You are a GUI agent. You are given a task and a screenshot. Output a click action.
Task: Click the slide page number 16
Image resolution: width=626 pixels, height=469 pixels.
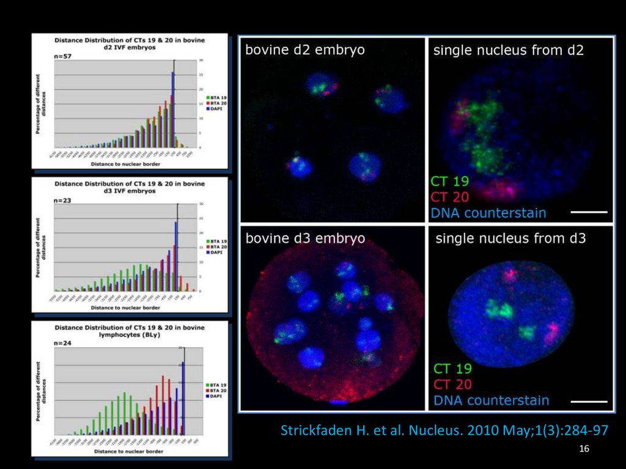point(584,449)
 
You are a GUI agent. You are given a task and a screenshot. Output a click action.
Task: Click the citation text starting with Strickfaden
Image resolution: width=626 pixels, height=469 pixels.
point(444,430)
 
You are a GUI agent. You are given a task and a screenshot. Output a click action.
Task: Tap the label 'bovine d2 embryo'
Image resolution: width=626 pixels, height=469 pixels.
point(305,50)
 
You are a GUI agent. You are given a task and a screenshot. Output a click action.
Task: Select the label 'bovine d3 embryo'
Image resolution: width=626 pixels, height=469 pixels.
point(305,238)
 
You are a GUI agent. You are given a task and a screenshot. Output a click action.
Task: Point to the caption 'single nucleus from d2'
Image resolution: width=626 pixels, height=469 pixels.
point(508,50)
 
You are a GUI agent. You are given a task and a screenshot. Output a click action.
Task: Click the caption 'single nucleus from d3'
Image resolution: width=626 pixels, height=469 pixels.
point(510,238)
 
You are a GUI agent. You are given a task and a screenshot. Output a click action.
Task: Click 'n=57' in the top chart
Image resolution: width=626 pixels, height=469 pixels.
point(61,54)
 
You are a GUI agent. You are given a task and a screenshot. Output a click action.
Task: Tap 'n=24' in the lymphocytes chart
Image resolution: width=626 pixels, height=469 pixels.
point(61,344)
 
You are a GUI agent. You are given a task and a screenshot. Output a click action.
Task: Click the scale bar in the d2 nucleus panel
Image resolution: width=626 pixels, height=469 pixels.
point(591,212)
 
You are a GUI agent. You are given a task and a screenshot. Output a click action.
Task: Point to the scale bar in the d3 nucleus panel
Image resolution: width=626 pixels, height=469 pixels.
point(591,402)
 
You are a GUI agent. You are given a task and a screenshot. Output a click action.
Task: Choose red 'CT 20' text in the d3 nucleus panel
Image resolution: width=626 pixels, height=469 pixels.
point(452,385)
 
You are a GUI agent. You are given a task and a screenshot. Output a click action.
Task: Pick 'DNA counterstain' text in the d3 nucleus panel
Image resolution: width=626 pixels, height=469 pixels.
point(492,401)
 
